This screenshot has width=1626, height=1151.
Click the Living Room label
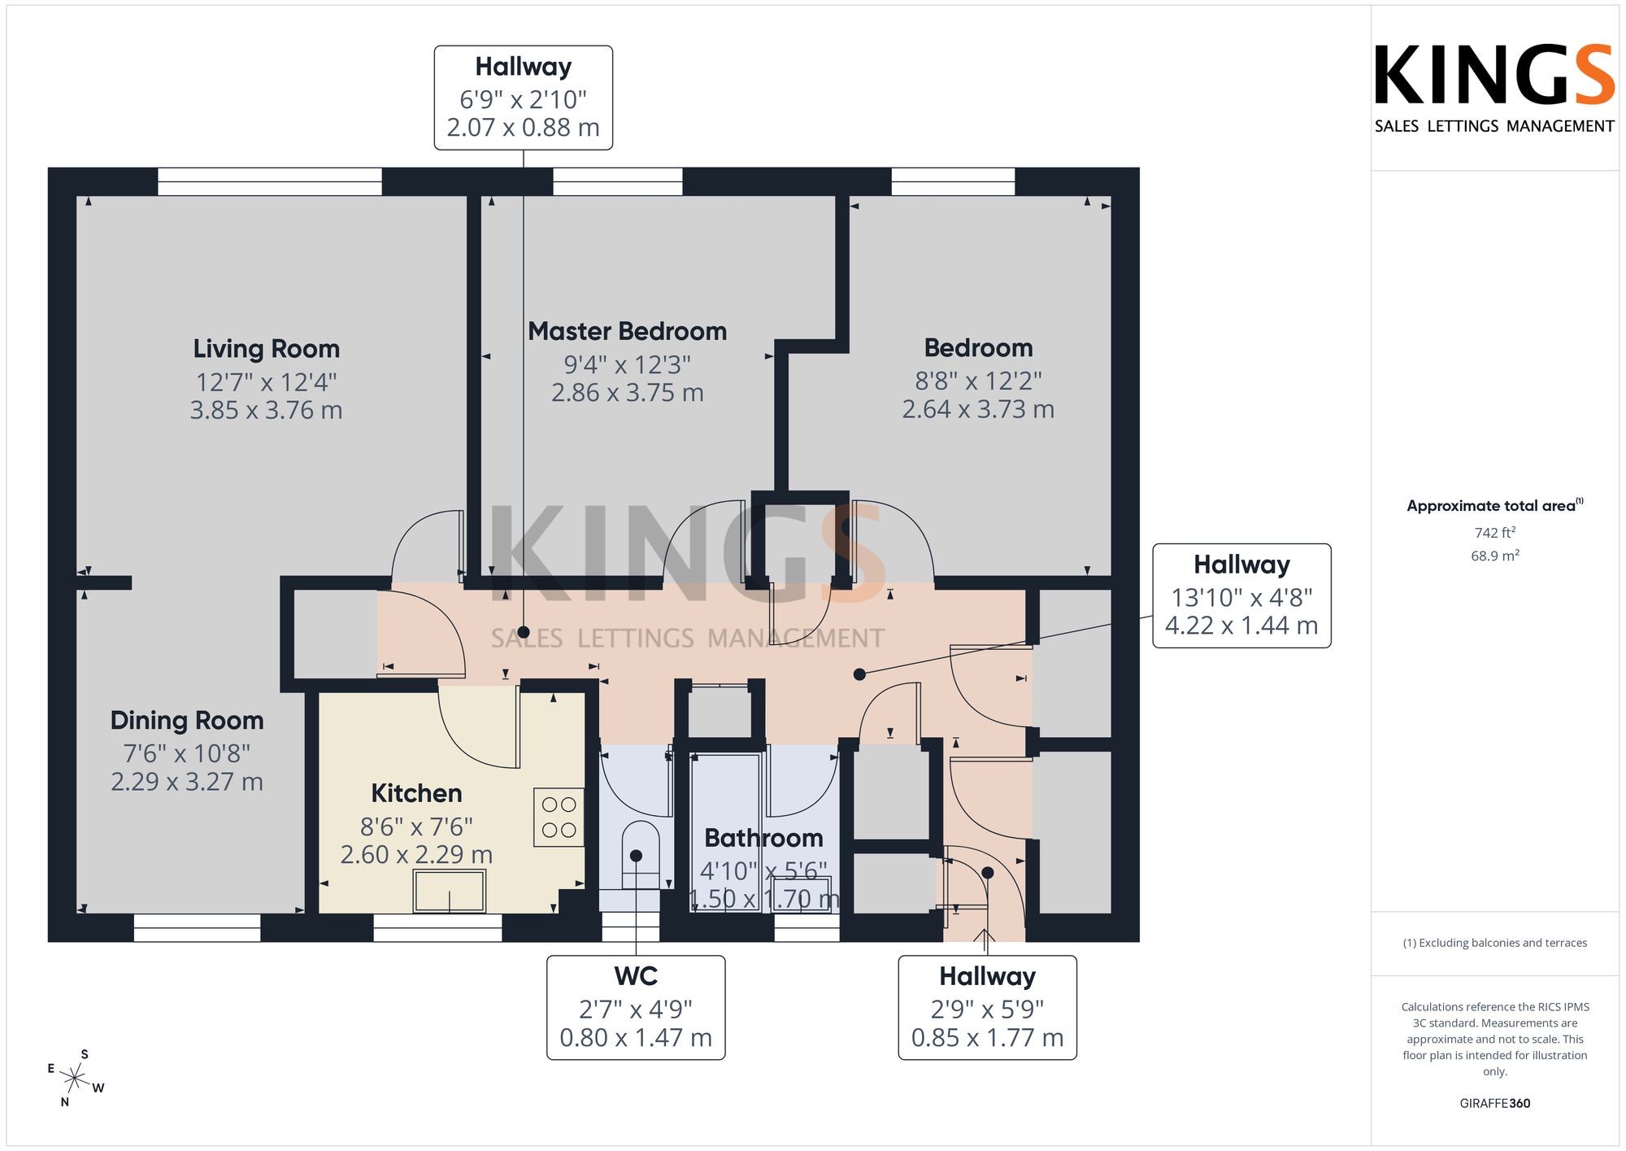click(x=266, y=349)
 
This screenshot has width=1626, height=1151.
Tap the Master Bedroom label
click(x=627, y=331)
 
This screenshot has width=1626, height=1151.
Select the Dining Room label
click(x=187, y=721)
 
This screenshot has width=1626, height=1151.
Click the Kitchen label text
click(x=416, y=793)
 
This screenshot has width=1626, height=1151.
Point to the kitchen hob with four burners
click(x=559, y=817)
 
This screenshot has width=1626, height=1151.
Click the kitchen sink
click(x=450, y=891)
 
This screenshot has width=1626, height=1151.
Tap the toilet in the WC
click(x=640, y=854)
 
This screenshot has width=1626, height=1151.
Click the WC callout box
click(x=636, y=1008)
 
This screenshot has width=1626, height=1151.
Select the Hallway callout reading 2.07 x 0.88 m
click(x=524, y=98)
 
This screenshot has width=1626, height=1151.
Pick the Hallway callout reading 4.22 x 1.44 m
click(x=1241, y=595)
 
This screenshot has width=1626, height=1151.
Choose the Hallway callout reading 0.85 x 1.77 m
click(x=987, y=1008)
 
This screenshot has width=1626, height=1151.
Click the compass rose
click(x=75, y=1079)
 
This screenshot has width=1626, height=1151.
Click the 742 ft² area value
click(x=1495, y=533)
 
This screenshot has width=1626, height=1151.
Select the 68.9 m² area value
click(x=1495, y=556)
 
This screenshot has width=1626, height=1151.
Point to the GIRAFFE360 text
click(x=1495, y=1104)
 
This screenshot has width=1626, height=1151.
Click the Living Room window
click(x=270, y=181)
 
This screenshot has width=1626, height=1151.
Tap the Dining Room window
click(x=197, y=928)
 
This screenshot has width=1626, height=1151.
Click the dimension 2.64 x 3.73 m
click(x=978, y=409)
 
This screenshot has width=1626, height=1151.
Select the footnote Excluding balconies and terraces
click(x=1495, y=943)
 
